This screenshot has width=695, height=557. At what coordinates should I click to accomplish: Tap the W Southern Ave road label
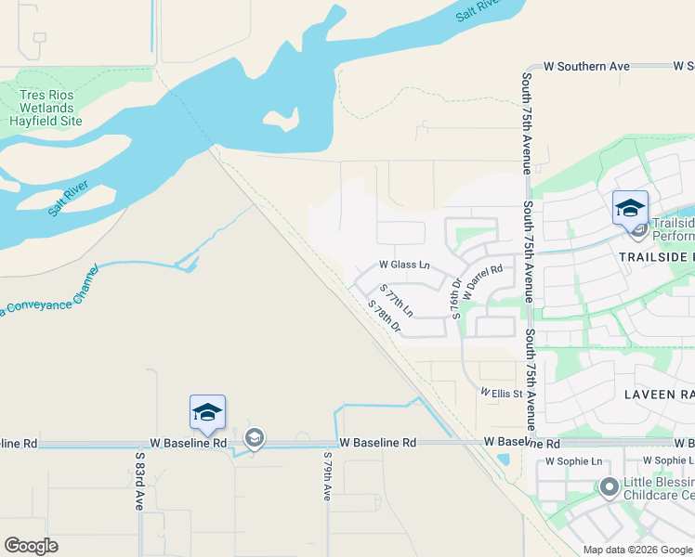[586, 67]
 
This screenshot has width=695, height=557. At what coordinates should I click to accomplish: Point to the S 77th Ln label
[398, 304]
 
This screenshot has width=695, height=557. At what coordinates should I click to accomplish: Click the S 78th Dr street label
[383, 317]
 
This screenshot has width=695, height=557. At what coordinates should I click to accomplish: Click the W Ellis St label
[502, 394]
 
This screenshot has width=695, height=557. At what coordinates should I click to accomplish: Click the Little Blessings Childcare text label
[659, 488]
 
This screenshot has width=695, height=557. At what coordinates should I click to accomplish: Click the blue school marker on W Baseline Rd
[207, 412]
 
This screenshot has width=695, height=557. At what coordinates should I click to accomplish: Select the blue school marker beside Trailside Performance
[629, 208]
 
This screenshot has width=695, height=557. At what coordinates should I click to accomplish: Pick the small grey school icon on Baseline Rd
[254, 437]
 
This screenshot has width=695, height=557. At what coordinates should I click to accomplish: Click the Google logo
[31, 546]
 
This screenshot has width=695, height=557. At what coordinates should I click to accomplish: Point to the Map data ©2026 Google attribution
[637, 550]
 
